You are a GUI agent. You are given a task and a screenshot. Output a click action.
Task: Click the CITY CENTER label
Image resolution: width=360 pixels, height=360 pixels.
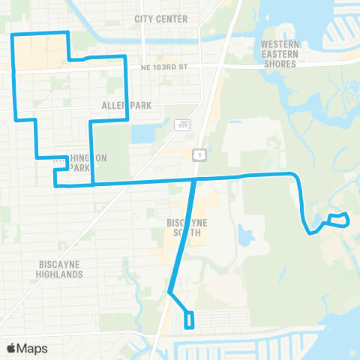point(159,18)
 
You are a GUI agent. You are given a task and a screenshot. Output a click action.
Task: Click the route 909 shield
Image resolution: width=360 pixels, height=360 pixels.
point(183,124)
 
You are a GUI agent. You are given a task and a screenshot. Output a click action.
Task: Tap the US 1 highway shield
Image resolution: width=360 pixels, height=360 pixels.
point(197,154)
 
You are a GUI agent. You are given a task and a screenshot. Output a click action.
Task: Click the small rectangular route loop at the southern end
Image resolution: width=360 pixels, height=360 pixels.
point(189,320)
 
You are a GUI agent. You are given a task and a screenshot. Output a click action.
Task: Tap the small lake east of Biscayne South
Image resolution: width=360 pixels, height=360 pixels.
point(245,235)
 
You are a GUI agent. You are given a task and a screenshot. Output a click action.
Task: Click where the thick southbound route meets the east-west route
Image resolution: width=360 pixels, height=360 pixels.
point(195,179)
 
